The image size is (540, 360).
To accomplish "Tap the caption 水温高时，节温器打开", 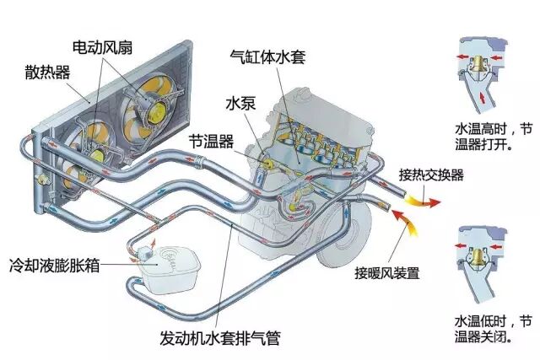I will pos(494,139).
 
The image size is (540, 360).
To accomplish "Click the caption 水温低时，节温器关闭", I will pos(494,329).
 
